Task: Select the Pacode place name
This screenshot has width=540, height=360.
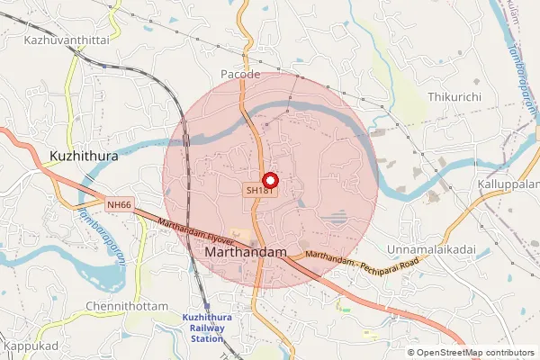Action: (240, 74)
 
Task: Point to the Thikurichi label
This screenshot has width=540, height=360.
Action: (456, 95)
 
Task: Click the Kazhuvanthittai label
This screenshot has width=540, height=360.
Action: (67, 40)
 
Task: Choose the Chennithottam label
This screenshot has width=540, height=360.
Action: (127, 307)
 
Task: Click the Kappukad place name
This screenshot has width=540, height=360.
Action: (30, 346)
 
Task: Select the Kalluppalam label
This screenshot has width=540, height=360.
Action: (508, 184)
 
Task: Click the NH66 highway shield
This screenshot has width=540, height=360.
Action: (118, 205)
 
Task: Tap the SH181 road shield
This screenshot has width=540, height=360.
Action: (259, 191)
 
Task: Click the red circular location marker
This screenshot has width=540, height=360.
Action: (267, 179)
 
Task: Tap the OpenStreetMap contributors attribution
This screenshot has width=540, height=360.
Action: (474, 353)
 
